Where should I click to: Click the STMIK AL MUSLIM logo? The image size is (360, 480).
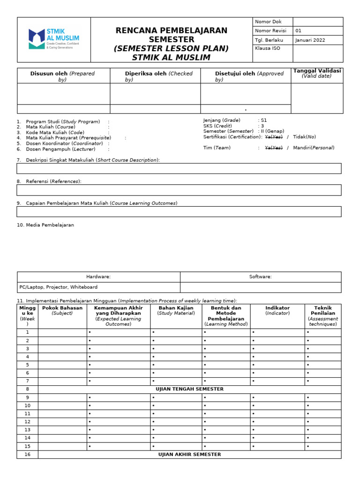coord(53,39)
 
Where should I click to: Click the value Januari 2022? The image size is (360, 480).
coord(310,40)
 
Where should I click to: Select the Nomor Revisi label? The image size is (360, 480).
coord(270,30)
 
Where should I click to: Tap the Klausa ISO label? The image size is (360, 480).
coord(267,48)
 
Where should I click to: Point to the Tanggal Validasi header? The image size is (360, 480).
coord(316,73)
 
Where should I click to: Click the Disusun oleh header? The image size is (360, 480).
coord(63,76)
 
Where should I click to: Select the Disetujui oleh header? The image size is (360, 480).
coord(245,76)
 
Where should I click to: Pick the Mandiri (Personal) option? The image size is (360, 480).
coord(314,148)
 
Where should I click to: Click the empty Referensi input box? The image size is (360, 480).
coord(179,190)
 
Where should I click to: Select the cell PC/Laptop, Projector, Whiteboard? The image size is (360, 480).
coord(59,287)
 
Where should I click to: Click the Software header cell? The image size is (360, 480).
coord(260,277)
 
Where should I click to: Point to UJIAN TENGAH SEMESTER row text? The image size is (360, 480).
coord(189,389)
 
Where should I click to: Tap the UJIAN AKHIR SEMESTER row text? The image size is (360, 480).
coord(189,454)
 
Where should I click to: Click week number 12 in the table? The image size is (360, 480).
coord(27,421)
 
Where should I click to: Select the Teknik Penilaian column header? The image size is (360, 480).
coord(322,316)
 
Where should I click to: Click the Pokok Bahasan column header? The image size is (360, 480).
coord(62,310)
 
